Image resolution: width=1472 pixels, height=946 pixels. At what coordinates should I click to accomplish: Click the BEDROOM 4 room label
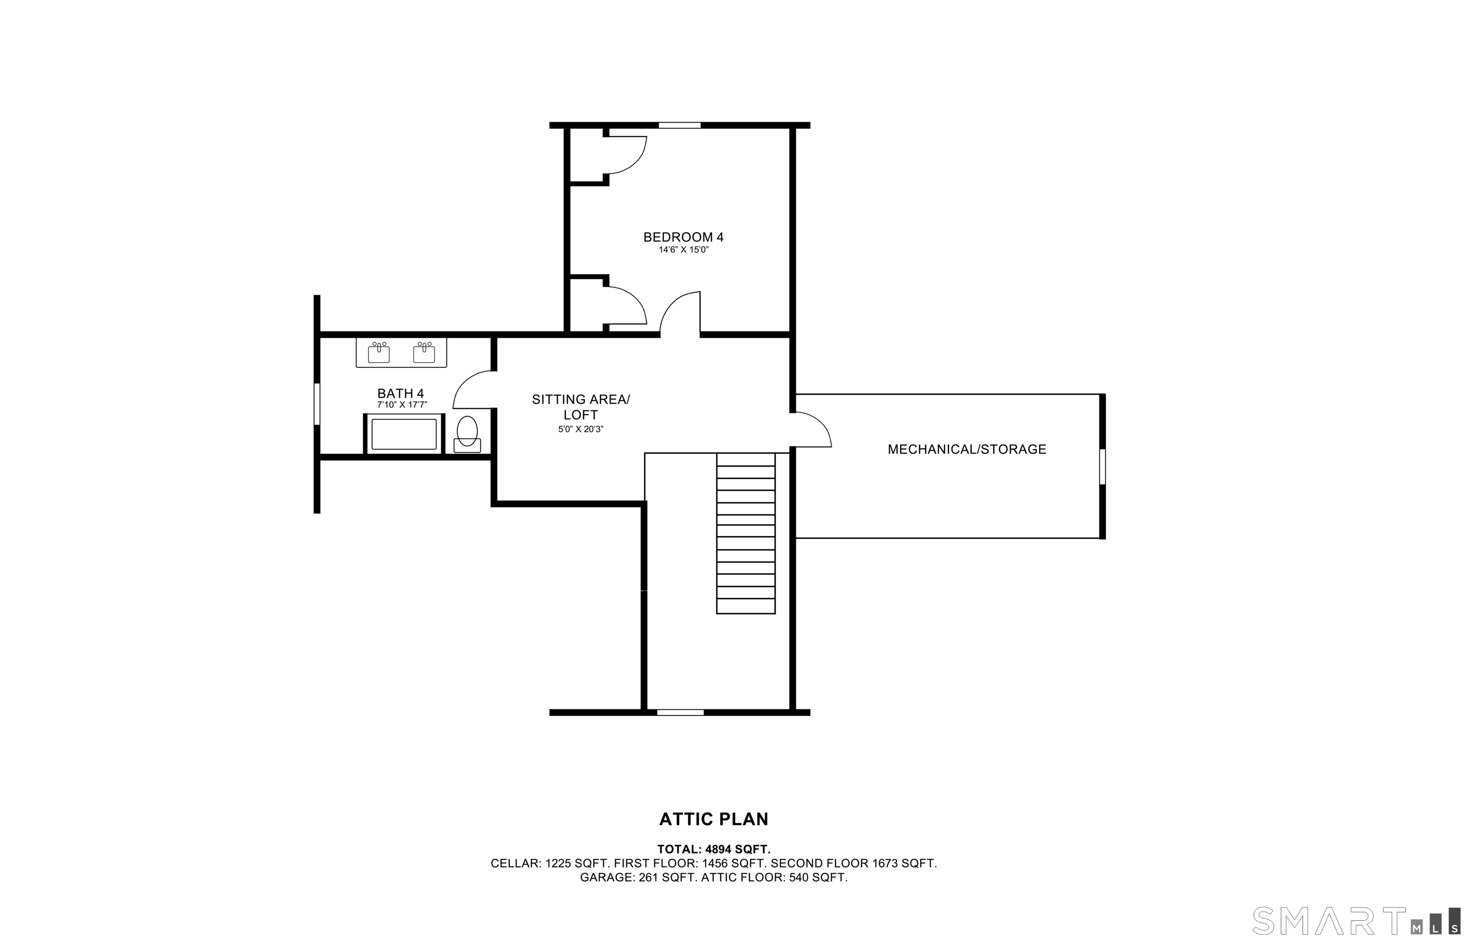tap(683, 237)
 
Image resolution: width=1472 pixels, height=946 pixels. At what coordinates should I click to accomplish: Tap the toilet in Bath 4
tap(467, 434)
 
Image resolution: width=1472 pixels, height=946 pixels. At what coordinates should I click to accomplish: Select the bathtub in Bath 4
tap(403, 434)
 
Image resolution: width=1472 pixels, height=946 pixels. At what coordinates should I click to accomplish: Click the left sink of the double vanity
tap(379, 353)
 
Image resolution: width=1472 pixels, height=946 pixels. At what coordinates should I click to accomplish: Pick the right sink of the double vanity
tap(424, 353)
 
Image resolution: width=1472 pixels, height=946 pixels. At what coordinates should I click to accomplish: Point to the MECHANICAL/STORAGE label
tap(967, 449)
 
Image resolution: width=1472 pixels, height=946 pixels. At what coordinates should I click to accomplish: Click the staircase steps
tap(746, 533)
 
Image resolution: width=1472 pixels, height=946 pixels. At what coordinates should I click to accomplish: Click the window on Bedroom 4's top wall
tap(679, 125)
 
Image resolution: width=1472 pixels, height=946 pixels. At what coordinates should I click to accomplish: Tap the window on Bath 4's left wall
tap(317, 404)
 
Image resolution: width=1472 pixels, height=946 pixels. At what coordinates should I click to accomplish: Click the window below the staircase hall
tap(680, 713)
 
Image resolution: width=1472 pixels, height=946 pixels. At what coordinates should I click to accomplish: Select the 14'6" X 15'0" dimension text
tap(684, 250)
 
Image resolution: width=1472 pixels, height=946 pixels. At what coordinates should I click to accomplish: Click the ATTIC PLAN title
tap(714, 819)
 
